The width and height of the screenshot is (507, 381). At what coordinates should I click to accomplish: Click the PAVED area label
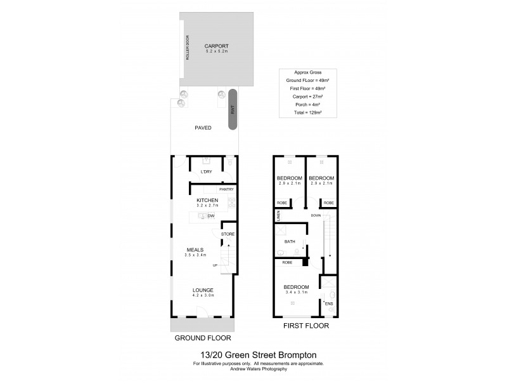203,128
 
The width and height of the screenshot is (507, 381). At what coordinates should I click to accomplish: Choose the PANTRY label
226,189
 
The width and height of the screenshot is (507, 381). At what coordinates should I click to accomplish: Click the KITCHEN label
207,201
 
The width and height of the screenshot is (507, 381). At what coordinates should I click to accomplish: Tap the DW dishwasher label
210,217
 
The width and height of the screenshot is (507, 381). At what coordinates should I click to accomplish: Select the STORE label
227,234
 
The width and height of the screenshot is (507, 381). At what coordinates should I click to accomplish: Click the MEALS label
195,250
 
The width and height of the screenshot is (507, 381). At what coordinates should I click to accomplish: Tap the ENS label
328,304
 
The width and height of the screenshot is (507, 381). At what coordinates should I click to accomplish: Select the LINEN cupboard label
278,216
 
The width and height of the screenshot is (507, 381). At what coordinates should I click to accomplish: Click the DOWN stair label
315,216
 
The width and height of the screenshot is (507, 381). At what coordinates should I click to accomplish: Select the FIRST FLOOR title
307,327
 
